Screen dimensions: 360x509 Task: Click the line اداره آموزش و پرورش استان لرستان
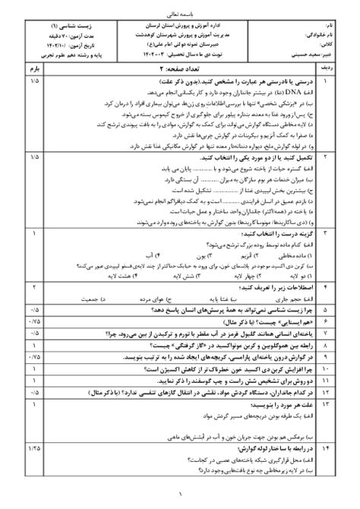pos(179,25)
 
